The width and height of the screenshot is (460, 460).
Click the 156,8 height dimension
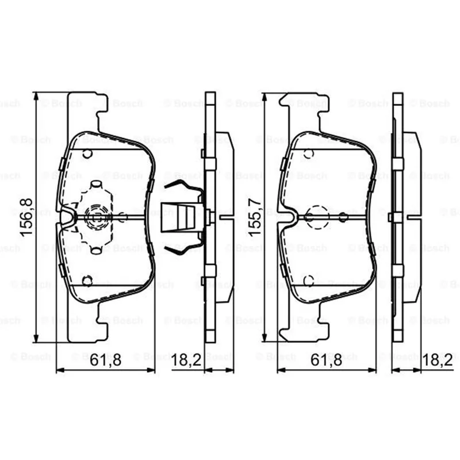pyautogui.click(x=26, y=217)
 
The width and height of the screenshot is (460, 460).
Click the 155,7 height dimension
pyautogui.click(x=255, y=217)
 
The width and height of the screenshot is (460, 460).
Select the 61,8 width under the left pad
pyautogui.click(x=105, y=360)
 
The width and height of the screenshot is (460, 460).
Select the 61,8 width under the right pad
pyautogui.click(x=326, y=360)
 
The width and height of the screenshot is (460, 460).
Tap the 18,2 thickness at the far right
pyautogui.click(x=438, y=360)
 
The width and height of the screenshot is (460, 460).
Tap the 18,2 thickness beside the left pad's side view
pyautogui.click(x=186, y=360)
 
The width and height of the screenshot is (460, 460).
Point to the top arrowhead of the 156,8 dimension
pyautogui.click(x=36, y=96)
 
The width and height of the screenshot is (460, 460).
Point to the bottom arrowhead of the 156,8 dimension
pyautogui.click(x=36, y=338)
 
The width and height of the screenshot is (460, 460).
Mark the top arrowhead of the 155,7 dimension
pyautogui.click(x=264, y=97)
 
